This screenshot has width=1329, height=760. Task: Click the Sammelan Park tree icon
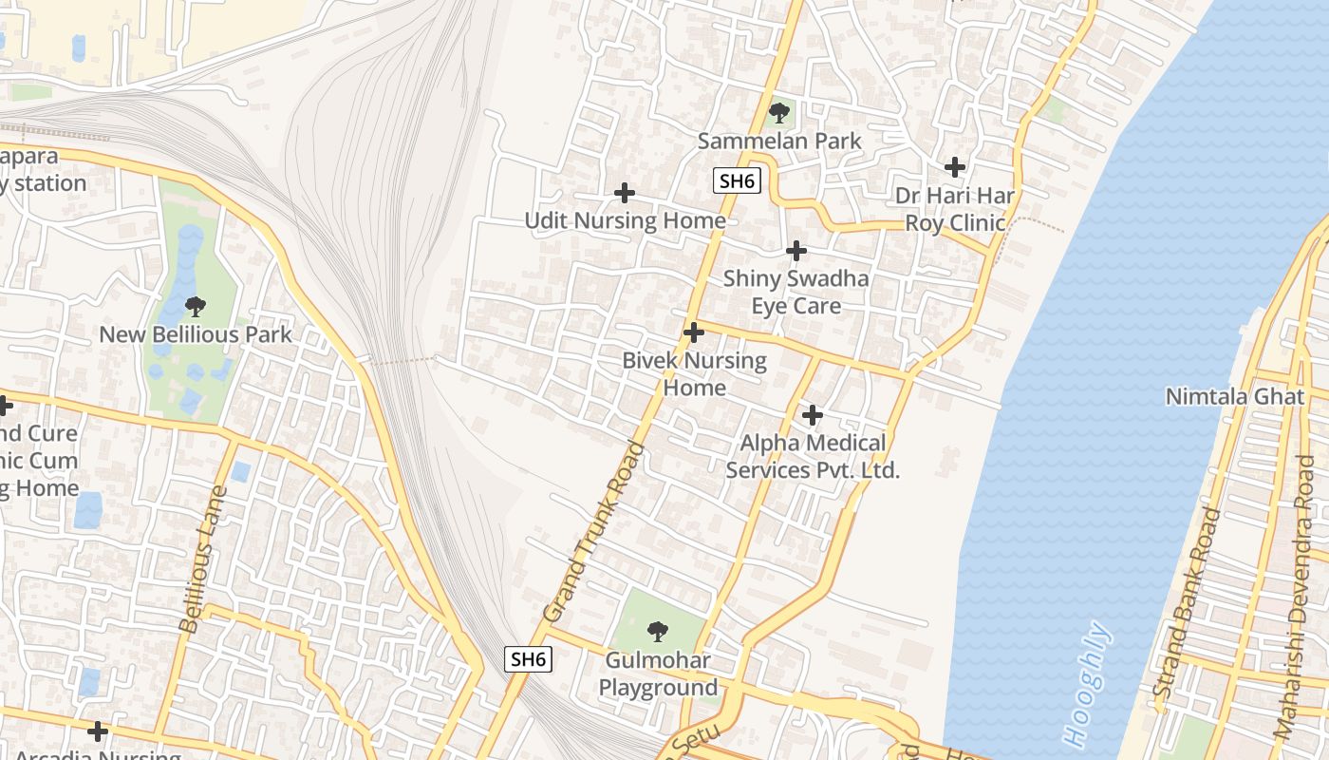click(779, 114)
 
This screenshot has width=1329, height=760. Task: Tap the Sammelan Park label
click(779, 142)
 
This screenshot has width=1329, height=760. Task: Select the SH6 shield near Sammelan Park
click(738, 180)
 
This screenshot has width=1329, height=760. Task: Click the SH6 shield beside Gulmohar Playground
click(528, 659)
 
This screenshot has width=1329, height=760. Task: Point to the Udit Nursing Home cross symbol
click(624, 193)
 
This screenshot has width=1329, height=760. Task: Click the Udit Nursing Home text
click(625, 221)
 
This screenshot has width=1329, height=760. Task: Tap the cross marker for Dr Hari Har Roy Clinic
click(955, 168)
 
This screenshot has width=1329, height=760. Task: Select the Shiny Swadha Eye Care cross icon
click(796, 251)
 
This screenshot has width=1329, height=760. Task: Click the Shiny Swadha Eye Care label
click(796, 293)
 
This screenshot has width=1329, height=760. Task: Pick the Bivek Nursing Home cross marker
click(694, 332)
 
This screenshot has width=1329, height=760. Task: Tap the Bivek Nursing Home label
click(694, 374)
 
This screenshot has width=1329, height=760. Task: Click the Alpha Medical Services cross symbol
click(813, 415)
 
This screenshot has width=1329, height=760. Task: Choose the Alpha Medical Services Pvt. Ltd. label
click(813, 457)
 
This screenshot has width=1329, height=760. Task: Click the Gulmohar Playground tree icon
click(657, 631)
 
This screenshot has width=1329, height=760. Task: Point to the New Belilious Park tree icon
click(196, 306)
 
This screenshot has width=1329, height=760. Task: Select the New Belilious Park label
click(196, 334)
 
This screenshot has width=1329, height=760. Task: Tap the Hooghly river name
click(1088, 684)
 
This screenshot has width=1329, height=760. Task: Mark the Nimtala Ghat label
click(1235, 396)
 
